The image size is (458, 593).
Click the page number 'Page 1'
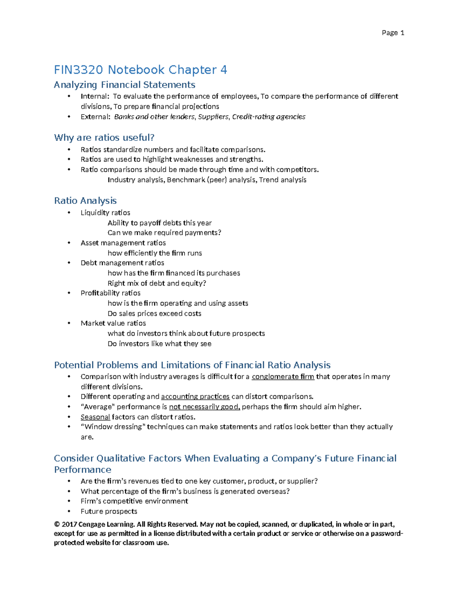[393, 33]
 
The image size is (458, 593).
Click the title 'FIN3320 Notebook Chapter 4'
[140, 70]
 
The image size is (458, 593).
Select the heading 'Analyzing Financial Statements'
[124, 85]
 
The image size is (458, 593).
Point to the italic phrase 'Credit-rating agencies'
[269, 117]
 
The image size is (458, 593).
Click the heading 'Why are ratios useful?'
[104, 137]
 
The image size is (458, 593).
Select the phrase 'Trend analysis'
[283, 180]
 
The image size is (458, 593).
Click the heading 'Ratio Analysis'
[85, 200]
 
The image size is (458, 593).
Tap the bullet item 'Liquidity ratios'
[105, 213]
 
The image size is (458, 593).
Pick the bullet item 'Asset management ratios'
[123, 243]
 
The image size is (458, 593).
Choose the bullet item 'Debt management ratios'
[122, 263]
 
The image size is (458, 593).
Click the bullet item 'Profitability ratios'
[110, 293]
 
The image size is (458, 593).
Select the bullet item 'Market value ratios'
[113, 323]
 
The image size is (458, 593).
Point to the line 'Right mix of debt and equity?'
[157, 283]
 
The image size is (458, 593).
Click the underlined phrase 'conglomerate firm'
[283, 377]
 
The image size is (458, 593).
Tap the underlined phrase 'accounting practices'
[195, 397]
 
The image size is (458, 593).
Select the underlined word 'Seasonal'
[95, 417]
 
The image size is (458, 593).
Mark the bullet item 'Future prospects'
[109, 511]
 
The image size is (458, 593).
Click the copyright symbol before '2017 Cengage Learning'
[57, 525]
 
